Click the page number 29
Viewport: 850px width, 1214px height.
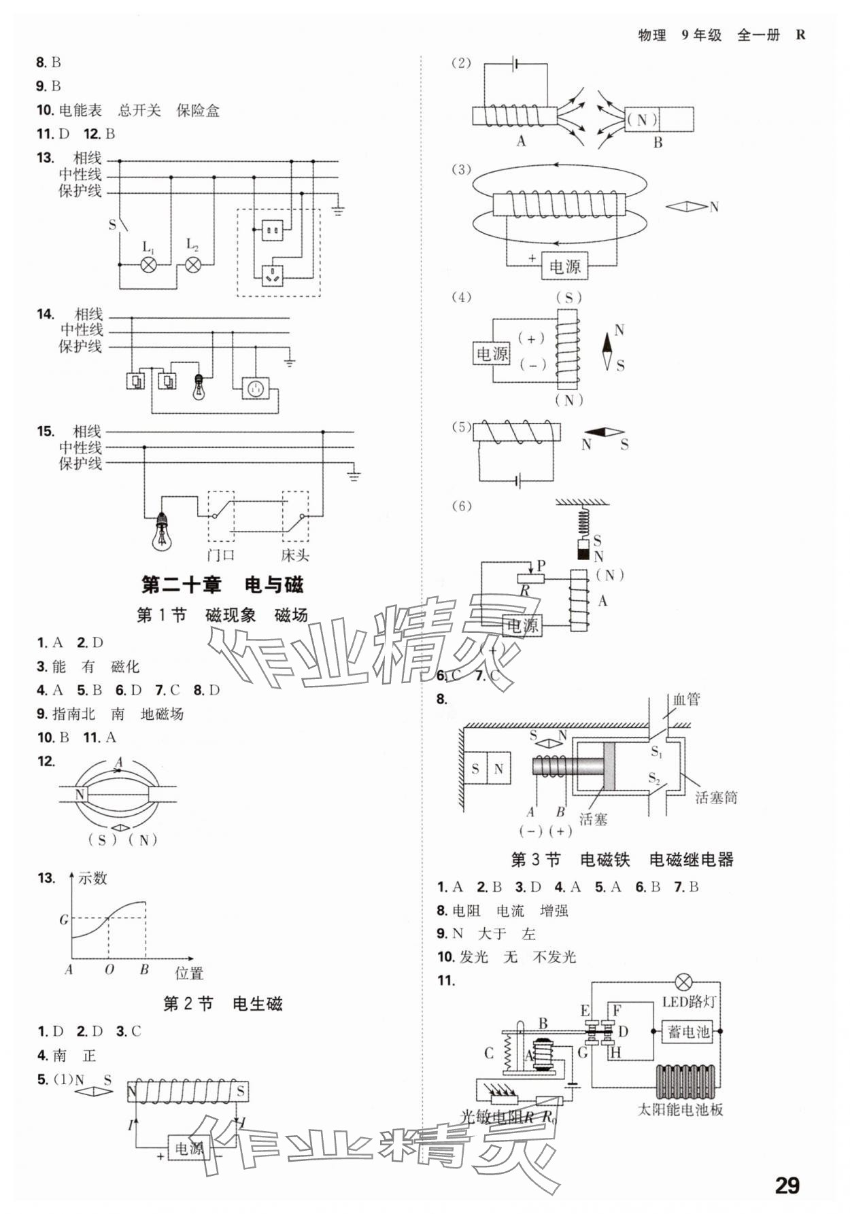pos(787,1185)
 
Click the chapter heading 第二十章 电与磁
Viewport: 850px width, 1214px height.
pos(222,585)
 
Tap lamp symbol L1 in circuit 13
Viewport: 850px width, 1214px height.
pos(148,264)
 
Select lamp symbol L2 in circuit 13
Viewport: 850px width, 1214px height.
pos(193,264)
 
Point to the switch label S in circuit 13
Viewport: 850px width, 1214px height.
pos(112,224)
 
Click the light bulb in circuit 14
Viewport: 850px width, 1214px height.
pos(199,387)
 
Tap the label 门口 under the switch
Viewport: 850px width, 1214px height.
pos(220,555)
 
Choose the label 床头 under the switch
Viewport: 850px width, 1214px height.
pos(295,555)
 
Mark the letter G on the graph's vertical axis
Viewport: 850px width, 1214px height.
pos(64,920)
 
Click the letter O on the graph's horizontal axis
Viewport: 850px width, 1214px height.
pos(109,970)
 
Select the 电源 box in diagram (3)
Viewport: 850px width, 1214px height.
pos(564,266)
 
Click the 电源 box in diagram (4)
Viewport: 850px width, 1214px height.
pos(492,353)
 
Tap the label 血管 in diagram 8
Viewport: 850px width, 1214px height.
pos(686,699)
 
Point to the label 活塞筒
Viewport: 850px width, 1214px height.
pos(716,797)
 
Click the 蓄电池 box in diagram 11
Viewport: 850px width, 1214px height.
pos(688,1032)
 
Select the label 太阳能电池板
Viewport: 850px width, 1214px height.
pos(680,1110)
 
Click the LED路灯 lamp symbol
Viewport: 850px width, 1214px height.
pos(683,982)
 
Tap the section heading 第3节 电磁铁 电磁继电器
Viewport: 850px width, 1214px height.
pos(622,860)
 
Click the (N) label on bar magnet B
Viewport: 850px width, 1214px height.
pos(642,120)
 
